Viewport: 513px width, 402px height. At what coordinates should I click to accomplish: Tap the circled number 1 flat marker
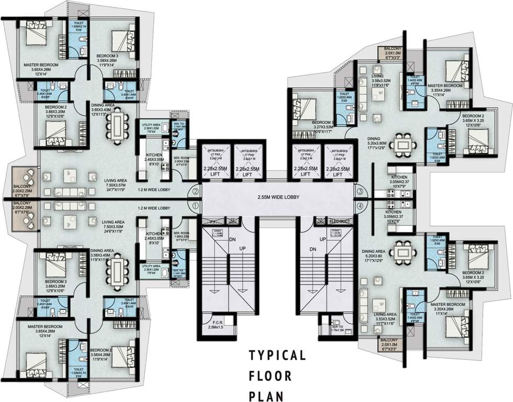coord(195,206)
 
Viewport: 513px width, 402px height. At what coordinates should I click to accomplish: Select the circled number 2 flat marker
coord(195,192)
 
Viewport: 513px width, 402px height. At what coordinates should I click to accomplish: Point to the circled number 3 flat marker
coord(360,192)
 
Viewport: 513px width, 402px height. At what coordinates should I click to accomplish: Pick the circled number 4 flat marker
coord(360,206)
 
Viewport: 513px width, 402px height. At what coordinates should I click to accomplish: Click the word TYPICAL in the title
coord(277,356)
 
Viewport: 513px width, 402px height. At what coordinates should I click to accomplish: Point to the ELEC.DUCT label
coord(340,220)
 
